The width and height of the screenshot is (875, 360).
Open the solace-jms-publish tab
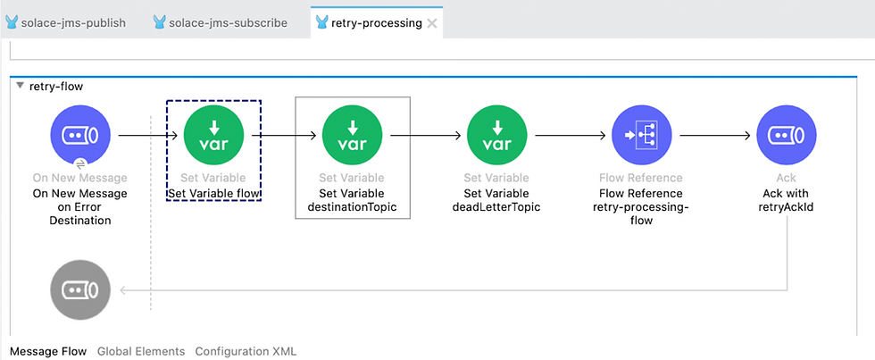coord(65,23)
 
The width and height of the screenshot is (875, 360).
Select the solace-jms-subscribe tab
coord(220,23)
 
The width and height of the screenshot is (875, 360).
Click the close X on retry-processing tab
coord(431,23)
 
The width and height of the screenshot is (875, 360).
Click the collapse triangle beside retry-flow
coord(21,86)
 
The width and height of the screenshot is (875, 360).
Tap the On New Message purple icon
coord(80,135)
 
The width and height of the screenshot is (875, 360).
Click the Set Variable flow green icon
coord(213,135)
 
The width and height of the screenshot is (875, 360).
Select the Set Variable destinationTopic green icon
coord(352,135)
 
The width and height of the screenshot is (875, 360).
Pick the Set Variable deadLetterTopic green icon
coord(496,135)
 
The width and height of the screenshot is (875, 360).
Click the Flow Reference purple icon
coord(641,135)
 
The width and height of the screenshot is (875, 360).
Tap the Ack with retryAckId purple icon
coord(787,135)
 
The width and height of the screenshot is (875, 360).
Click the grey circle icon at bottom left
coord(80,290)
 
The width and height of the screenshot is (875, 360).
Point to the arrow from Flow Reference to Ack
coord(715,135)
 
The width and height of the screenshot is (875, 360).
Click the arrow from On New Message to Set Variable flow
coord(148,135)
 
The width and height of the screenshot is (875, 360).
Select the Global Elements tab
coord(141,352)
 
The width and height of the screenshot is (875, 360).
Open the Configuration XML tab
coord(246,352)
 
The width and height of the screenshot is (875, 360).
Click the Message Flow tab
coord(48,352)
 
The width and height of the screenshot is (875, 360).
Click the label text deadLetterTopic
coord(496,207)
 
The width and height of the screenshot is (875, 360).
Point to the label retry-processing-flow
coord(641,213)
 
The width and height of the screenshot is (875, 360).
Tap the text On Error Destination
coord(80,213)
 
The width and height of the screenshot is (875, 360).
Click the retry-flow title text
coord(55,86)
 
